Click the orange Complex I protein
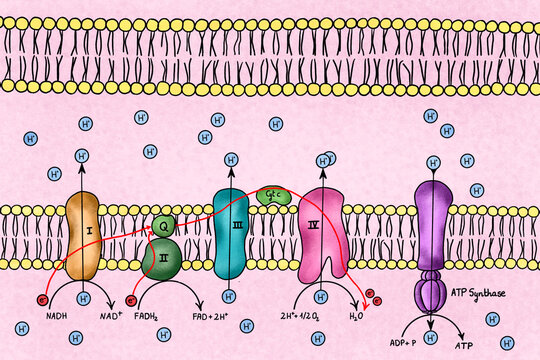82,235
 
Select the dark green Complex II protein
162,258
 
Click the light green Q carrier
165,226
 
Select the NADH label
58,317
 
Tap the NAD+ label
111,317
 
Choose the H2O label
356,317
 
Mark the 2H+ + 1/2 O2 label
313,317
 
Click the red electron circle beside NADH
42,298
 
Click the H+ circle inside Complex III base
231,296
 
